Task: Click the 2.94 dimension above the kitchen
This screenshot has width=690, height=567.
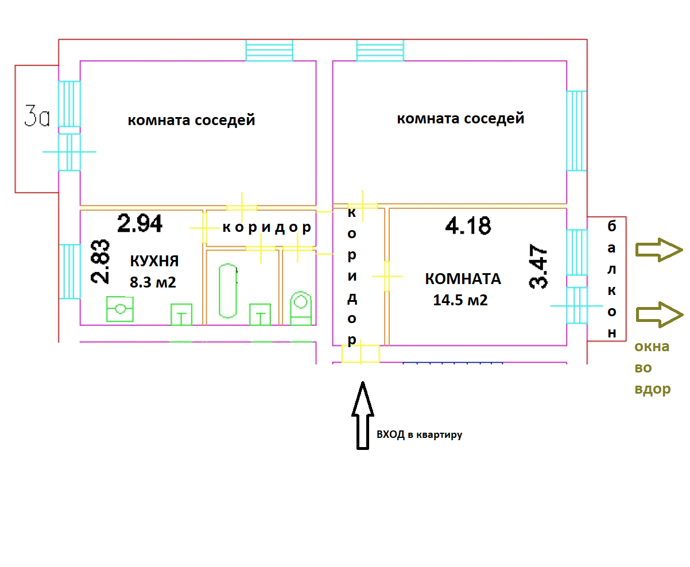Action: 139,223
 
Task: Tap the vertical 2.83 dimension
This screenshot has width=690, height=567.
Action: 100,262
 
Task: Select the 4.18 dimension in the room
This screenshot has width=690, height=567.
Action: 468,226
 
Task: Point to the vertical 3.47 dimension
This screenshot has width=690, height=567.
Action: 539,267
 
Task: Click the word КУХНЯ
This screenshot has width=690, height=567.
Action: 154,262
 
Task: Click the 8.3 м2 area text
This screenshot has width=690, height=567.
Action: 153,282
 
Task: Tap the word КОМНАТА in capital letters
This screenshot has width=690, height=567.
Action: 463,279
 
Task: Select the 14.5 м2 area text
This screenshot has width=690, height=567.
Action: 460,300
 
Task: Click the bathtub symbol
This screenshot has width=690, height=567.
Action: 228,290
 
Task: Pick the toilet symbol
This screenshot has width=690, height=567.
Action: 301,308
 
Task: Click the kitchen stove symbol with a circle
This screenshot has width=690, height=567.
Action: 119,309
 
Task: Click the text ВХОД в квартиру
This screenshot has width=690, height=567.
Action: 419,435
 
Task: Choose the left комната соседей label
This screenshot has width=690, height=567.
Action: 191,121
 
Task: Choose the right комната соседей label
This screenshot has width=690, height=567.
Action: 460,119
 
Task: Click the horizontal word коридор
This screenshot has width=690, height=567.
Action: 267,228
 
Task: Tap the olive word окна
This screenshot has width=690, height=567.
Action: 652,347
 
